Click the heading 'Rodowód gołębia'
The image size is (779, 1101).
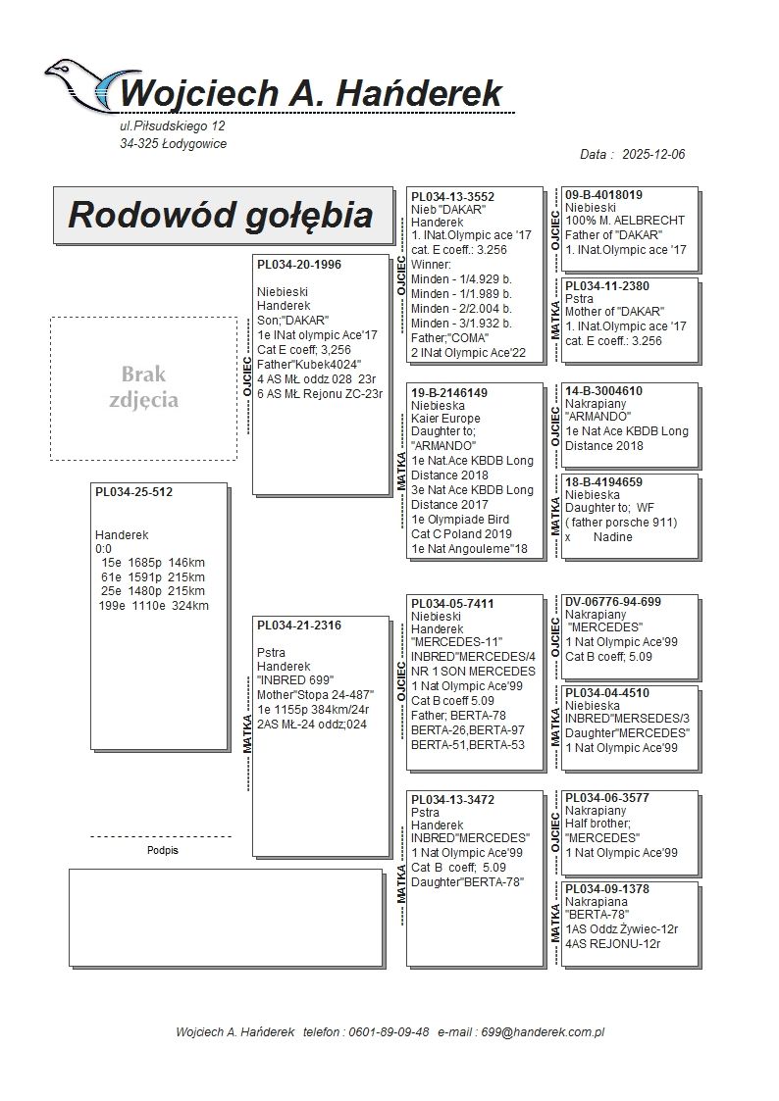[x=220, y=216]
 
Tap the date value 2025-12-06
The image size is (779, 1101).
[x=653, y=155]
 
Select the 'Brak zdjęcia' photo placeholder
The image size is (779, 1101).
[x=143, y=388]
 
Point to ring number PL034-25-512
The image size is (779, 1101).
[x=133, y=492]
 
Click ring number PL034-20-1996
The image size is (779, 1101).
[x=299, y=265]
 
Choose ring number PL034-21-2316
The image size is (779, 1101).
[x=299, y=626]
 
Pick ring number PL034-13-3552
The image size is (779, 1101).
[x=452, y=197]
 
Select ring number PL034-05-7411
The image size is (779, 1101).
[x=452, y=604]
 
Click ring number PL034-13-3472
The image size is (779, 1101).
[x=452, y=800]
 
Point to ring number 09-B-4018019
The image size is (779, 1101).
[x=604, y=195]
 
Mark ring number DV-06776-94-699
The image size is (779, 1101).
[x=612, y=601]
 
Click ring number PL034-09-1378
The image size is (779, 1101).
[x=607, y=889]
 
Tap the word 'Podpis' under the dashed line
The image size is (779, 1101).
[x=162, y=851]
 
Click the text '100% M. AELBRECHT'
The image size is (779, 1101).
[x=625, y=221]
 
